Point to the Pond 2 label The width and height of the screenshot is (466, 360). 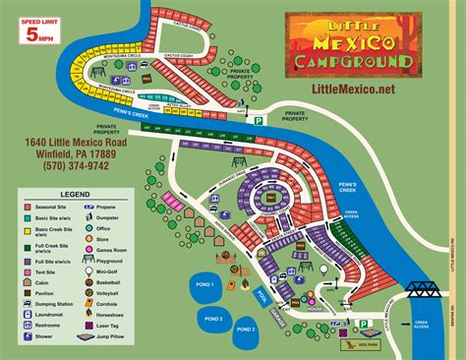(213, 318)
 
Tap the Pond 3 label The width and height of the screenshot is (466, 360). (245, 329)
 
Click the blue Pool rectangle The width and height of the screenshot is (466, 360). (259, 295)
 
